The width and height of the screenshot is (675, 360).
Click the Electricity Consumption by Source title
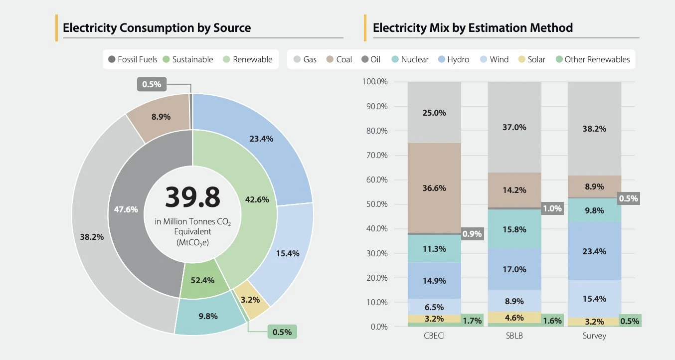pos(157,27)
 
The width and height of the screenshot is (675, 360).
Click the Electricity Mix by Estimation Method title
pos(473,27)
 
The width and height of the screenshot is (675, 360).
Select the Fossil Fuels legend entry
pos(133,59)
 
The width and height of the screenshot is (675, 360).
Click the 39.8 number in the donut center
pos(192,197)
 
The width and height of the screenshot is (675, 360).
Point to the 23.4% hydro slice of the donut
pos(261,139)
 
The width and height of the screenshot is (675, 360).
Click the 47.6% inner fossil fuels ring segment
pos(126,210)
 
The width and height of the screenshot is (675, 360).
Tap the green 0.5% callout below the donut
pos(282,332)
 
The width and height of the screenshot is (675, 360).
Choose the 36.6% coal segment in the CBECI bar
pos(434,188)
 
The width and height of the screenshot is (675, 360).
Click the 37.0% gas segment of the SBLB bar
pos(513,127)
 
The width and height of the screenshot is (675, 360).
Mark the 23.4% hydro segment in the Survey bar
pos(594,251)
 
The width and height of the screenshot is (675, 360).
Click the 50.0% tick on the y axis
pos(377,204)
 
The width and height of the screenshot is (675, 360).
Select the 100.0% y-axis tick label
pos(376,82)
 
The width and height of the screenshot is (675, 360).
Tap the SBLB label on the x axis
pos(514,336)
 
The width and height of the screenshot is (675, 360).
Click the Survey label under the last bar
pos(594,336)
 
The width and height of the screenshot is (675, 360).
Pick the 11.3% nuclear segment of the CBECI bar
pos(434,249)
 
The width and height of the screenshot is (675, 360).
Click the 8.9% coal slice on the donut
pos(161,117)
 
